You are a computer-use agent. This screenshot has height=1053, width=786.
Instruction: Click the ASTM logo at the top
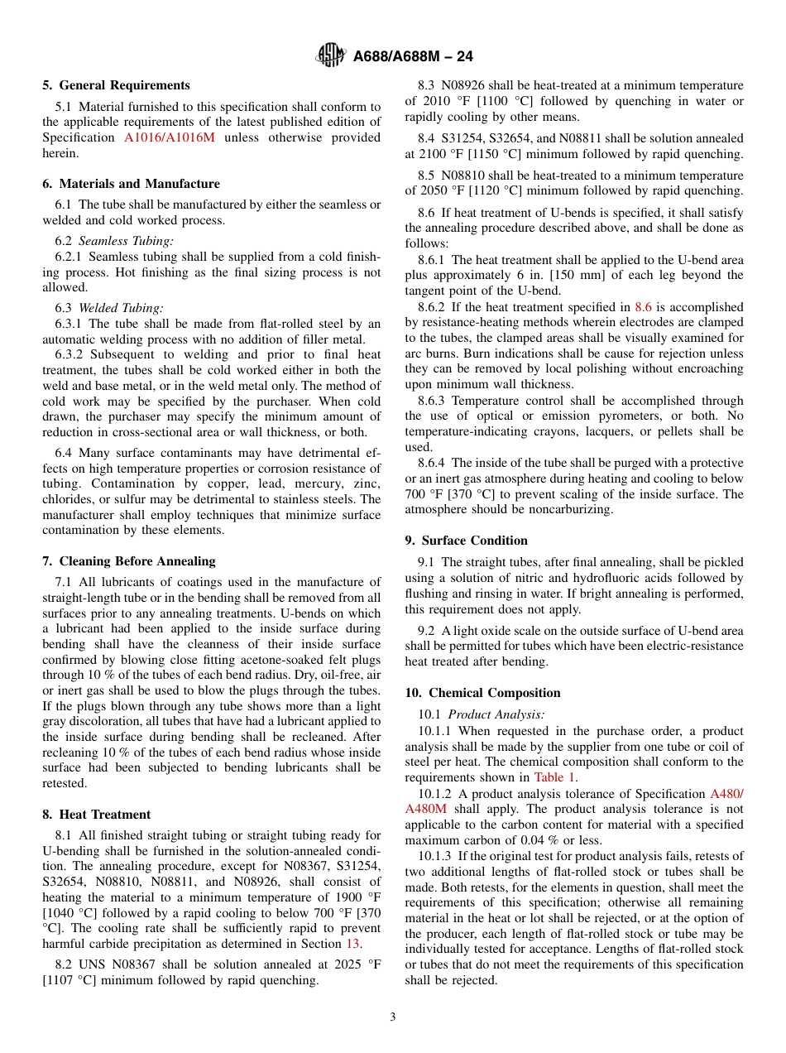pos(332,56)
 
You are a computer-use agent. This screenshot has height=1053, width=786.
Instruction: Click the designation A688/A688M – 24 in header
pos(413,57)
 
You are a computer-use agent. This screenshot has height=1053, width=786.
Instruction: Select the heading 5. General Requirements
pos(116,85)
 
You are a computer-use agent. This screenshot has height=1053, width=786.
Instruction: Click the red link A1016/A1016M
pos(170,137)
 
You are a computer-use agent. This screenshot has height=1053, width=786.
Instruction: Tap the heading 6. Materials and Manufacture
pos(131,184)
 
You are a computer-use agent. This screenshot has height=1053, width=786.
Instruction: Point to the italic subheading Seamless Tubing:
pos(126,241)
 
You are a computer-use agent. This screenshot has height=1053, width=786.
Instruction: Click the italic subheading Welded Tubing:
pos(121,308)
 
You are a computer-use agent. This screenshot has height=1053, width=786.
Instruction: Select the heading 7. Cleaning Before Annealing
pos(128,561)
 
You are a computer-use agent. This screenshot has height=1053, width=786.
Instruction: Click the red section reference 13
pos(352,944)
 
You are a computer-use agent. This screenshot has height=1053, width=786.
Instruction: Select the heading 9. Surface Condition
pos(466,541)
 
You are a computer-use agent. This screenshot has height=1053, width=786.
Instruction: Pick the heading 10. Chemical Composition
pos(482,693)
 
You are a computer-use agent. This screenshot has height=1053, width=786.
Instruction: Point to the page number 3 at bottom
pos(393,1017)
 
